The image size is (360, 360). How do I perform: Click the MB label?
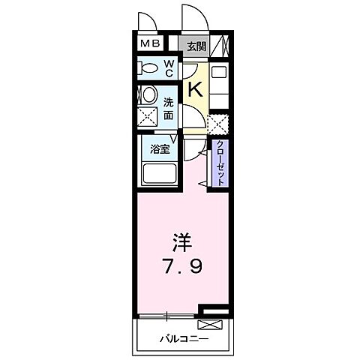click(150, 44)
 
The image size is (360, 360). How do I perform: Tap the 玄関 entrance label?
click(196, 45)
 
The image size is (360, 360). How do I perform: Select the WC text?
click(169, 68)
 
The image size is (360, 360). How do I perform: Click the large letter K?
click(194, 89)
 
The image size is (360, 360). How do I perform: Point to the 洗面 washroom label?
click(168, 109)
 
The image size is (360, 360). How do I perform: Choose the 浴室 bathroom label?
click(159, 148)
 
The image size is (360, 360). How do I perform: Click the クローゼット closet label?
click(221, 163)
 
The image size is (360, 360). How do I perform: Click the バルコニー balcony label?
click(184, 338)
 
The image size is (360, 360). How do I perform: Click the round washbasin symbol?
click(148, 95)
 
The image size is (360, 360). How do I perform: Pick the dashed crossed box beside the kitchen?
click(218, 122)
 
